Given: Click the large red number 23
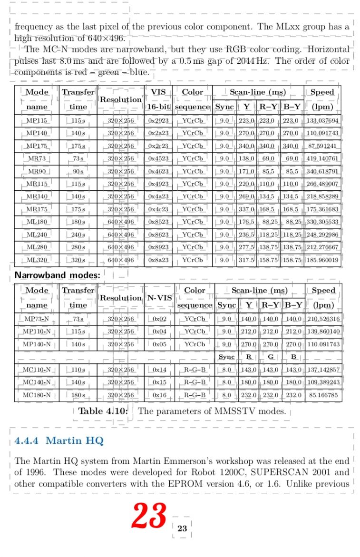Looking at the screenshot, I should pos(149,516).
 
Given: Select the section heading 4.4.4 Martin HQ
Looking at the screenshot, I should pos(59,440).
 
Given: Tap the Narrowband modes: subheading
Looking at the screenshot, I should pos(58,275).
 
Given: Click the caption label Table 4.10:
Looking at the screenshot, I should pos(103,411).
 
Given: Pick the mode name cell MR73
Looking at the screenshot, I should pos(37,158).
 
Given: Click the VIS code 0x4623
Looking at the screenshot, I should pos(159,171).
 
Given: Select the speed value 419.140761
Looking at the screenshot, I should pos(322,158).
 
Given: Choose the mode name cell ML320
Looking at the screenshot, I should pos(37,260).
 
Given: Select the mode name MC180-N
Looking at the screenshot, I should pos(37,395).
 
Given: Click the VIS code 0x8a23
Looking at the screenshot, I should pos(159,260).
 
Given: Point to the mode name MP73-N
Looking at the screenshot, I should pos(37,319).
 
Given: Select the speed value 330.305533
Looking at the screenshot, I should pos(322,222).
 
